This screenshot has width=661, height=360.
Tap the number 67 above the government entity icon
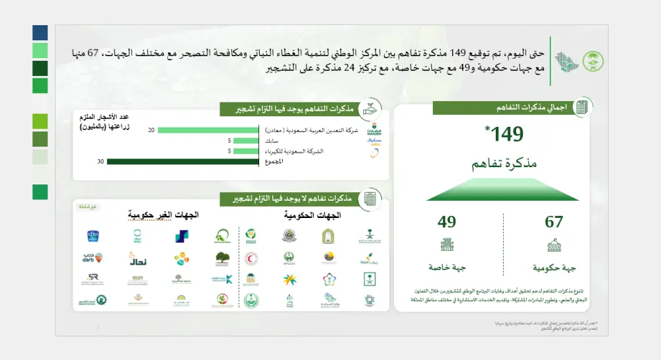click(x=554, y=222)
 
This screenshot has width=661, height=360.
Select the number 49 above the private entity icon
click(x=447, y=222)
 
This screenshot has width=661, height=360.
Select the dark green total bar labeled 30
click(x=182, y=161)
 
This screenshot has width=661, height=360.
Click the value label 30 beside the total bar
click(x=100, y=161)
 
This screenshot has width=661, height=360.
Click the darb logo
click(x=93, y=258)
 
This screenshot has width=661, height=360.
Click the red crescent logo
click(x=251, y=258)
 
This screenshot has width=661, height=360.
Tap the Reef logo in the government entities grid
click(x=367, y=258)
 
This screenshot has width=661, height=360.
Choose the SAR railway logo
click(x=93, y=279)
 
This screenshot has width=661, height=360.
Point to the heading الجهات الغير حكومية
click(x=163, y=215)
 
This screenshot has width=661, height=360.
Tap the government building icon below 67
click(x=554, y=246)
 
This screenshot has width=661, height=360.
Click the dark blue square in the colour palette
click(x=40, y=32)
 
